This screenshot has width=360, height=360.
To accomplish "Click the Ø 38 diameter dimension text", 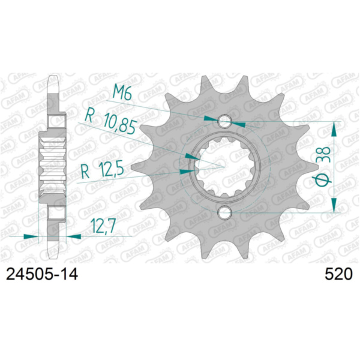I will (321, 166).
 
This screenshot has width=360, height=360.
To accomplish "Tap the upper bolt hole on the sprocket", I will (224, 122).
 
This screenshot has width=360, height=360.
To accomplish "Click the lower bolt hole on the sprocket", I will (224, 212).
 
